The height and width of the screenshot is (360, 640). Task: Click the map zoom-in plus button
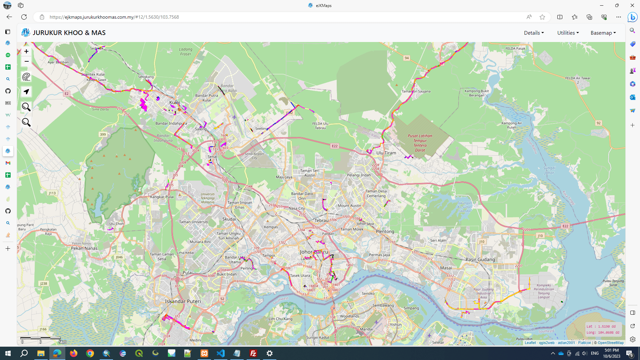click(26, 51)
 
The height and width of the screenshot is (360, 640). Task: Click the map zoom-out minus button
click(26, 61)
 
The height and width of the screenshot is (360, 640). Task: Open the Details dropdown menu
click(534, 33)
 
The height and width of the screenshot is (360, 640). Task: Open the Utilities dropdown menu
click(568, 33)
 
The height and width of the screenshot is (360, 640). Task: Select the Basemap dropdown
click(603, 33)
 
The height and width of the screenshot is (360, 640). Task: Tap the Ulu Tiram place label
click(386, 153)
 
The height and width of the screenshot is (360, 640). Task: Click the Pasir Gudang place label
click(480, 259)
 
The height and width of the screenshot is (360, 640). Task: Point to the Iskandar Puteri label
click(183, 301)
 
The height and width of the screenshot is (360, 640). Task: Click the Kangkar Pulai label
click(162, 197)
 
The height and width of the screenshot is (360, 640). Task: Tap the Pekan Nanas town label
click(84, 248)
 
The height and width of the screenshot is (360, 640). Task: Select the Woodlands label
click(350, 316)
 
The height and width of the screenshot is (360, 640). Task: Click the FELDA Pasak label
click(515, 48)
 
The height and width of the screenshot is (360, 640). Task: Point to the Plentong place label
click(385, 231)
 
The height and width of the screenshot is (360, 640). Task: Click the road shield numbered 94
click(407, 58)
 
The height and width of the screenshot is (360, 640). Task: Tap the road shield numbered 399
click(103, 135)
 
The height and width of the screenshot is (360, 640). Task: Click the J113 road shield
click(52, 193)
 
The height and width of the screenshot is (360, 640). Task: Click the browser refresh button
click(24, 17)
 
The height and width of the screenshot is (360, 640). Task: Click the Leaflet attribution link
click(530, 343)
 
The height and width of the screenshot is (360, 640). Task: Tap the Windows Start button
click(8, 353)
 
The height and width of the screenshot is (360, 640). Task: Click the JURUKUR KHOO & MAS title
click(69, 33)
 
